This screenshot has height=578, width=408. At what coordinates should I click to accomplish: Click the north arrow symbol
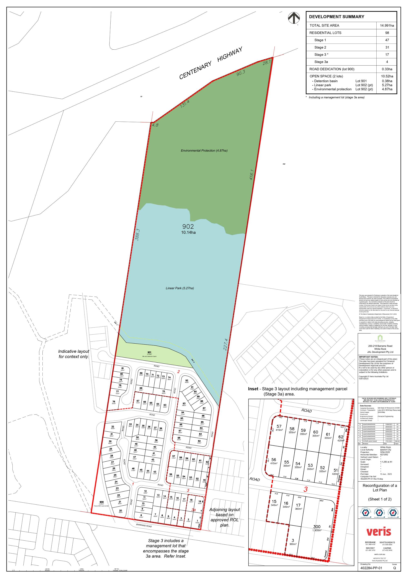294,19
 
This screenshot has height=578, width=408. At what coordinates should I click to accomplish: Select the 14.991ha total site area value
387,26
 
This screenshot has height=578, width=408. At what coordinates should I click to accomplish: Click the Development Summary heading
337,17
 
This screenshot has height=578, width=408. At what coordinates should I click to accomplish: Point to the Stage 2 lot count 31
387,47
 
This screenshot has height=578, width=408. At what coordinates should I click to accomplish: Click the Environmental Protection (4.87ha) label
204,150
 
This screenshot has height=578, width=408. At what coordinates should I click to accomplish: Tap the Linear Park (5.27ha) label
180,288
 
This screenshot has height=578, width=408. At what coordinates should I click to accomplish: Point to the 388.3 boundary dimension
137,235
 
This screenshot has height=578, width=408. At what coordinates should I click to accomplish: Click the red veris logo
379,532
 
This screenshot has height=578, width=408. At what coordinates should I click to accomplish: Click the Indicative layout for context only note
73,354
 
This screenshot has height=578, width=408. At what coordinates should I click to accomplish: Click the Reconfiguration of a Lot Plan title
380,488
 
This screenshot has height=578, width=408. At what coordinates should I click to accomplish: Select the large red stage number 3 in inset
305,489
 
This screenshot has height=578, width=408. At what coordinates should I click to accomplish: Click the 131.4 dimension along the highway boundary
185,104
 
